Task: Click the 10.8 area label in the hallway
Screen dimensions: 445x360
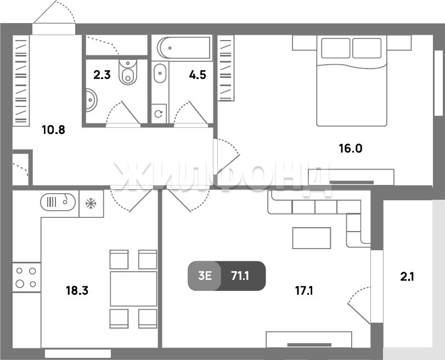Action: (53, 130)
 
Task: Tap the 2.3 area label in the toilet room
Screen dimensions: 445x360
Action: (102, 75)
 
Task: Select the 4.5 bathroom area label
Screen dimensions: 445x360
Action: (198, 75)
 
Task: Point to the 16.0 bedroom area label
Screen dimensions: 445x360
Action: (351, 149)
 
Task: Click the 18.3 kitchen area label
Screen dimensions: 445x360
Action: (77, 291)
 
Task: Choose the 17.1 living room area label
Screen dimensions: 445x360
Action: (304, 291)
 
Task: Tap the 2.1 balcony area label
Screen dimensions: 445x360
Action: (407, 277)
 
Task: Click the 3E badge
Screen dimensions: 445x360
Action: (205, 275)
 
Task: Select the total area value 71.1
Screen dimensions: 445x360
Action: (240, 275)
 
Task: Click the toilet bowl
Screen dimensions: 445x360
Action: (128, 72)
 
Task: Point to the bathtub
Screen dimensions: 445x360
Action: (184, 48)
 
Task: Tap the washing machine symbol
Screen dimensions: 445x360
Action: (159, 114)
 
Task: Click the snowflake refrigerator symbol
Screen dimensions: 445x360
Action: (91, 203)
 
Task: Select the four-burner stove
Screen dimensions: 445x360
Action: (26, 277)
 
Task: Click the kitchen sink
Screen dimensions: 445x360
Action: (58, 202)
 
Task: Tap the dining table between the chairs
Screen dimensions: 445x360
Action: (133, 289)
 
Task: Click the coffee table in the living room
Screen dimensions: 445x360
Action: (312, 238)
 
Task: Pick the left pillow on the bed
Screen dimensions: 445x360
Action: (336, 48)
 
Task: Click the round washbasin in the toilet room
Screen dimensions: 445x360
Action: (92, 100)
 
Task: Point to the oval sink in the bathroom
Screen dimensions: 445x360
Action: (160, 73)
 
